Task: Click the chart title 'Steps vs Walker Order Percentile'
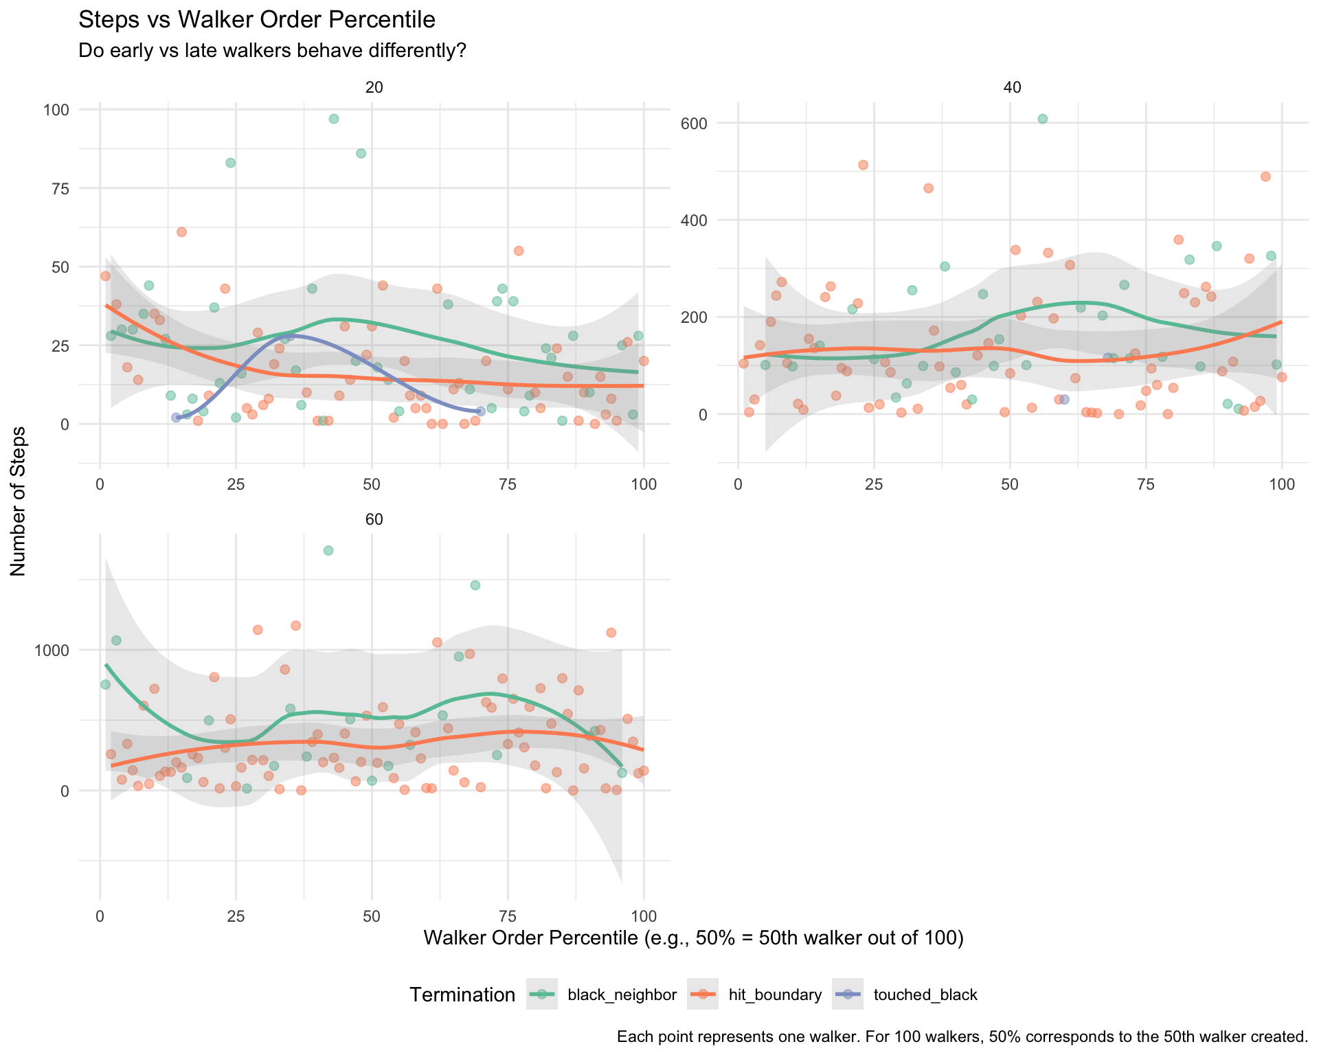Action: [257, 20]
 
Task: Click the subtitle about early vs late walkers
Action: [273, 51]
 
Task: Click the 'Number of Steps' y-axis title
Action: [19, 501]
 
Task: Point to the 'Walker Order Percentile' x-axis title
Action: [693, 938]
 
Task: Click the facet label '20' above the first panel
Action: [374, 87]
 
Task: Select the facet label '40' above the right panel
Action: [1012, 87]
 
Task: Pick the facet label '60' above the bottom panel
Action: [374, 520]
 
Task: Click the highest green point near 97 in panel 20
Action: [334, 119]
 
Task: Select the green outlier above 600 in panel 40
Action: [1042, 119]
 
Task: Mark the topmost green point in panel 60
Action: [328, 550]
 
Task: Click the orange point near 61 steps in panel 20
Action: [181, 232]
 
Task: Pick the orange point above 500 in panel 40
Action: [863, 165]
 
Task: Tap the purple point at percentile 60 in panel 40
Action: [1064, 400]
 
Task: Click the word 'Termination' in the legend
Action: [462, 995]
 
